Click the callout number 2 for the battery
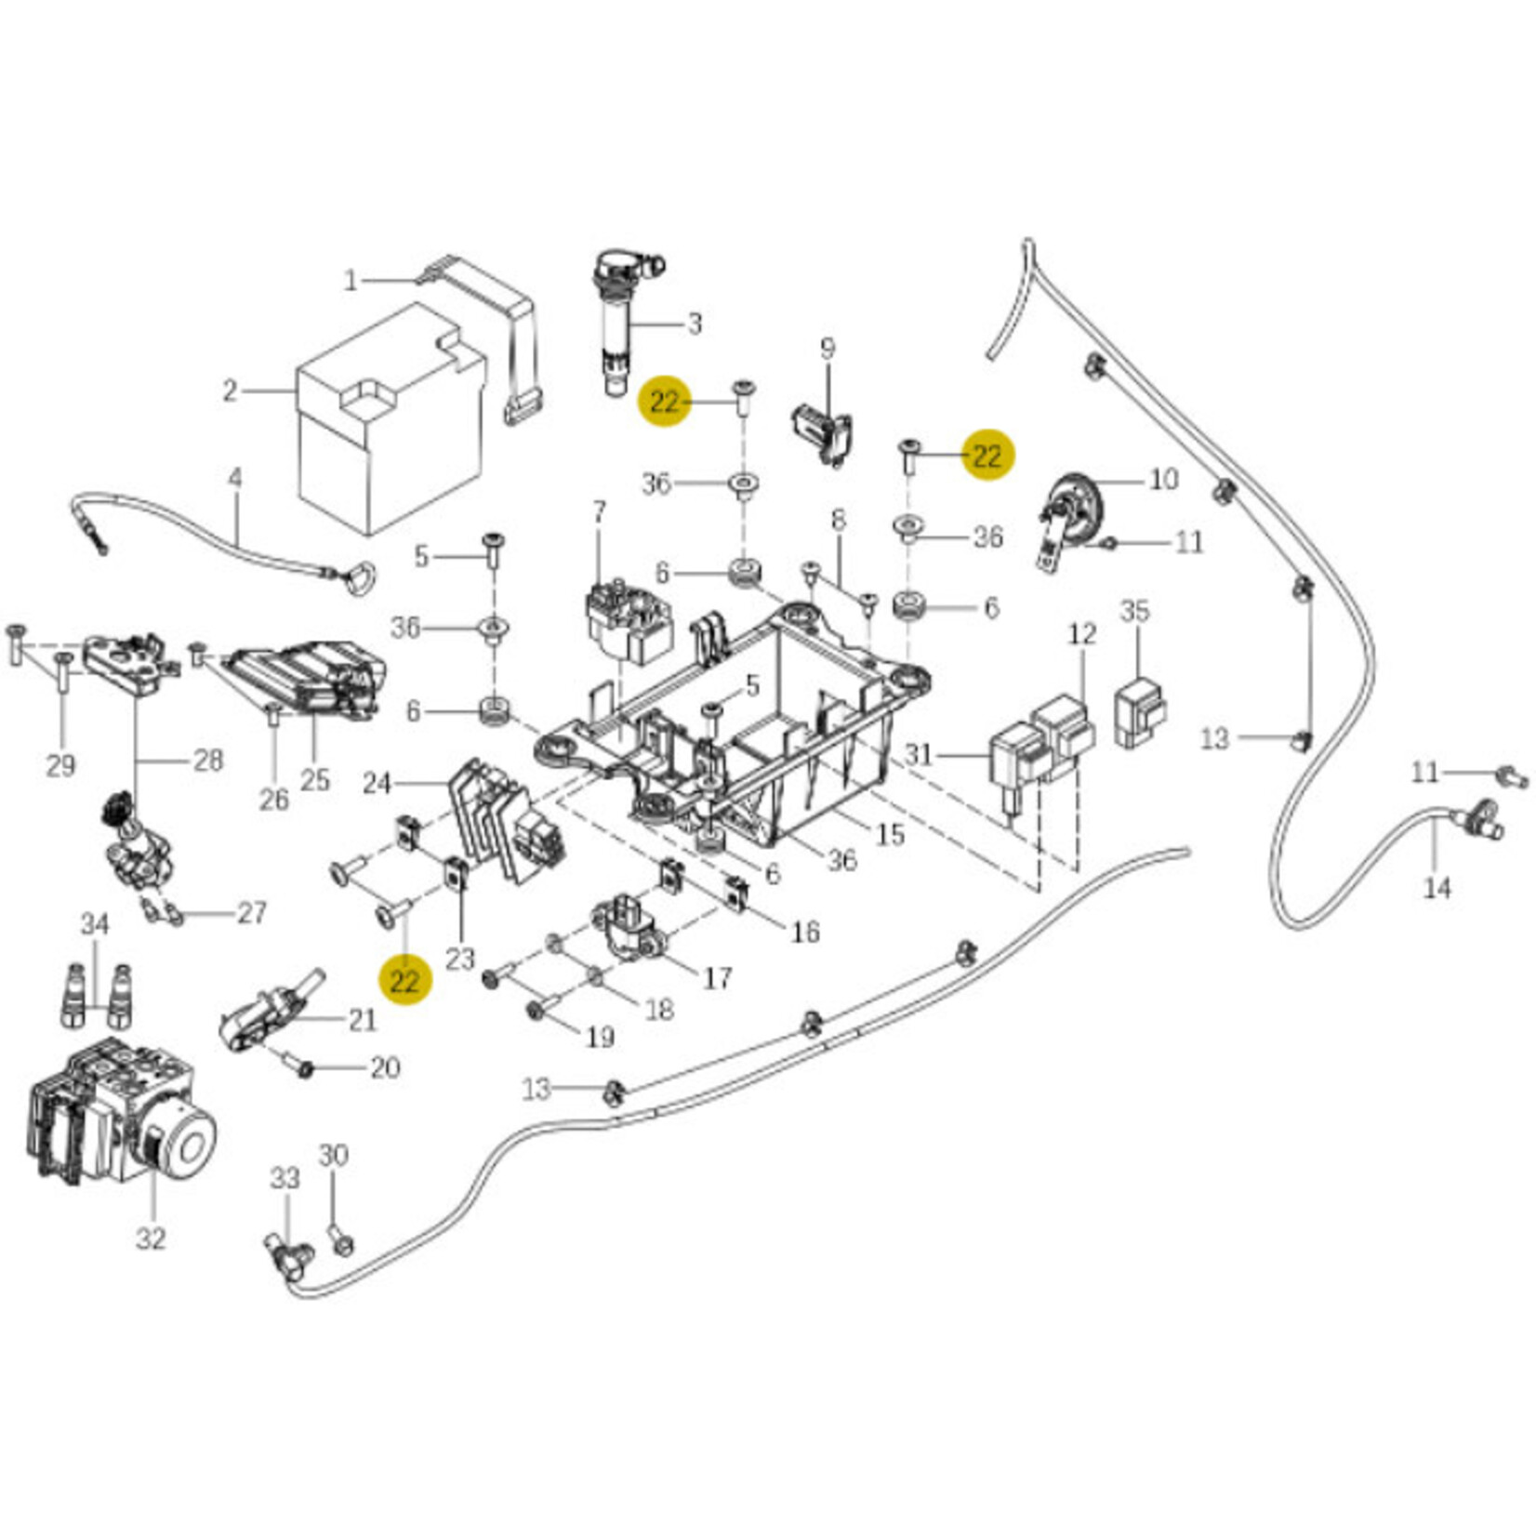[x=230, y=391]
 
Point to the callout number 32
[x=151, y=1238]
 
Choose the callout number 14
[x=1437, y=888]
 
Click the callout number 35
[x=1135, y=612]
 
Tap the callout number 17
[x=717, y=978]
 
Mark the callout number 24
[x=377, y=784]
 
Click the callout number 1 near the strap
[x=351, y=280]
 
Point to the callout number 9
[x=828, y=349]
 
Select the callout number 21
[x=362, y=1020]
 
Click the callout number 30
[x=334, y=1156]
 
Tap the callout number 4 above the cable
[x=235, y=479]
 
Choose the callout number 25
[x=315, y=779]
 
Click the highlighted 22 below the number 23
[x=404, y=981]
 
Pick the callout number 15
[x=890, y=834]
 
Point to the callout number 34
[x=95, y=924]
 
